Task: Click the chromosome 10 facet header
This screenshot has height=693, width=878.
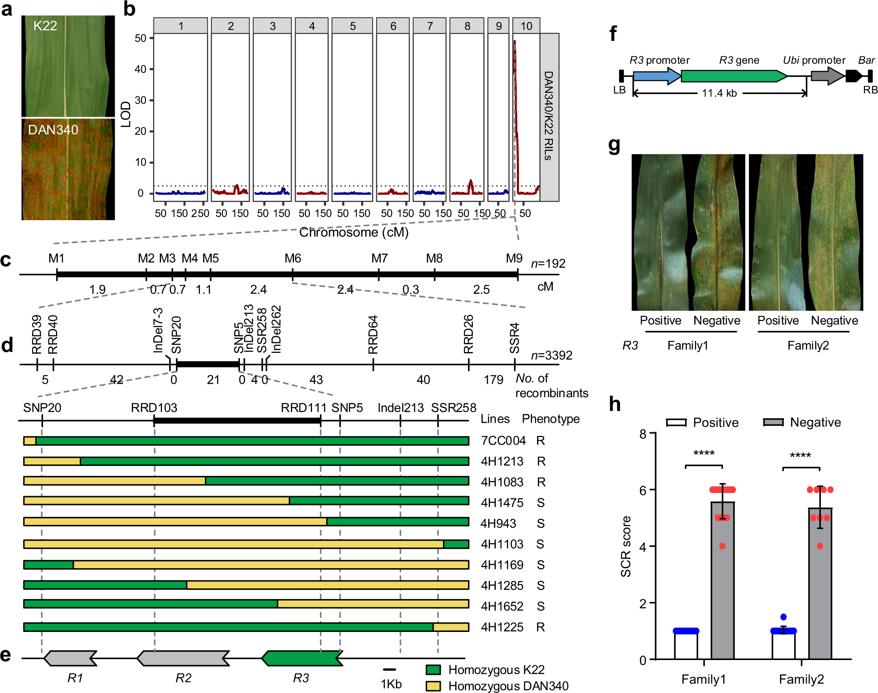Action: tap(526, 26)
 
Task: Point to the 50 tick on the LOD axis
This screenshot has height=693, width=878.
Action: tap(141, 38)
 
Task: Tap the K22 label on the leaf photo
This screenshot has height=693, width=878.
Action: tap(45, 26)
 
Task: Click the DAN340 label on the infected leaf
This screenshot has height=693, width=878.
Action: tap(53, 130)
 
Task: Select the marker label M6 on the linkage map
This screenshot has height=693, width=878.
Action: tap(293, 258)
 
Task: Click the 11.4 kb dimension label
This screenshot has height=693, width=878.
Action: tap(719, 93)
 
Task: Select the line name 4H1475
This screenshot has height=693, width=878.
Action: tap(502, 503)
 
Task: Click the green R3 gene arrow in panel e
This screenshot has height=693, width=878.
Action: tap(302, 658)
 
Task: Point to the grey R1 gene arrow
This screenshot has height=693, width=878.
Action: tap(70, 658)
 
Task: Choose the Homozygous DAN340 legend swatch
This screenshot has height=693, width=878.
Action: tap(433, 686)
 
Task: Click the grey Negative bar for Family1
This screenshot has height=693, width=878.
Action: tap(722, 580)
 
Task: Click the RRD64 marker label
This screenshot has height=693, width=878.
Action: tap(373, 334)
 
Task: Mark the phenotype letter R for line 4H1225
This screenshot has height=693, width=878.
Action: tap(541, 627)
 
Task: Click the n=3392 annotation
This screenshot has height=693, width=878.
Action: tap(551, 355)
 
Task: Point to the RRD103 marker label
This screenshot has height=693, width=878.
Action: tap(154, 408)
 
